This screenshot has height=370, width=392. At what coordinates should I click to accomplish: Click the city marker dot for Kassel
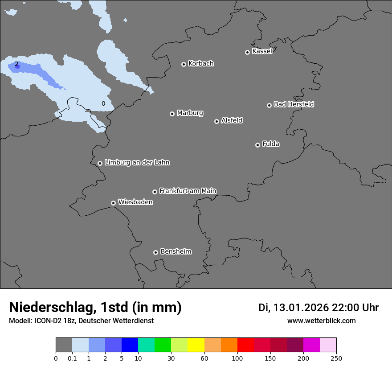coord(247,52)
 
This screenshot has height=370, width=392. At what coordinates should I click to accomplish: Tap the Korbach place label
coord(201,64)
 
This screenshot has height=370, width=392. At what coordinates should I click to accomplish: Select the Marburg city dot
coord(172,114)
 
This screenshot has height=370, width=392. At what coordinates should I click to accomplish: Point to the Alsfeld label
coord(232,120)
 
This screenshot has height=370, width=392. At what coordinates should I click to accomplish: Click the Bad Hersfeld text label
coord(294,104)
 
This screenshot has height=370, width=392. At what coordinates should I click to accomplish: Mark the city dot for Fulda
coord(257,145)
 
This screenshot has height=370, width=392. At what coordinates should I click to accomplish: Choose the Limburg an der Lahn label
coord(137,162)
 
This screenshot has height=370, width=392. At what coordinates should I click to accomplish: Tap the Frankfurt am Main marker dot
coord(155,192)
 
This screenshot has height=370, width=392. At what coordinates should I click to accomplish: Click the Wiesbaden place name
coord(135,202)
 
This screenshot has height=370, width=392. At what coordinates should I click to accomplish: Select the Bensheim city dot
coord(155,252)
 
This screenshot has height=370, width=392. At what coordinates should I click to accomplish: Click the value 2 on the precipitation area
coord(16,64)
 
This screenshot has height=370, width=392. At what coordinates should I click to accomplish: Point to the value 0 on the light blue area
coord(103,103)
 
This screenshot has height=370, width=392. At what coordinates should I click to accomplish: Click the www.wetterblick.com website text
coord(321,321)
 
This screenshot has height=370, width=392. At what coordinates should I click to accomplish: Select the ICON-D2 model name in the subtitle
coord(47,321)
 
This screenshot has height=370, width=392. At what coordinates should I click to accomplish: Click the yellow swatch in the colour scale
coord(196,345)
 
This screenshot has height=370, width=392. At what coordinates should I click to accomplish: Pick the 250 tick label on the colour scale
coord(336,358)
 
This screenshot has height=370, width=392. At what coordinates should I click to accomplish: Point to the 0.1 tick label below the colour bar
coord(72,358)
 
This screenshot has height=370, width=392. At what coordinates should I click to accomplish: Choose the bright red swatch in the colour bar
coord(245,345)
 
